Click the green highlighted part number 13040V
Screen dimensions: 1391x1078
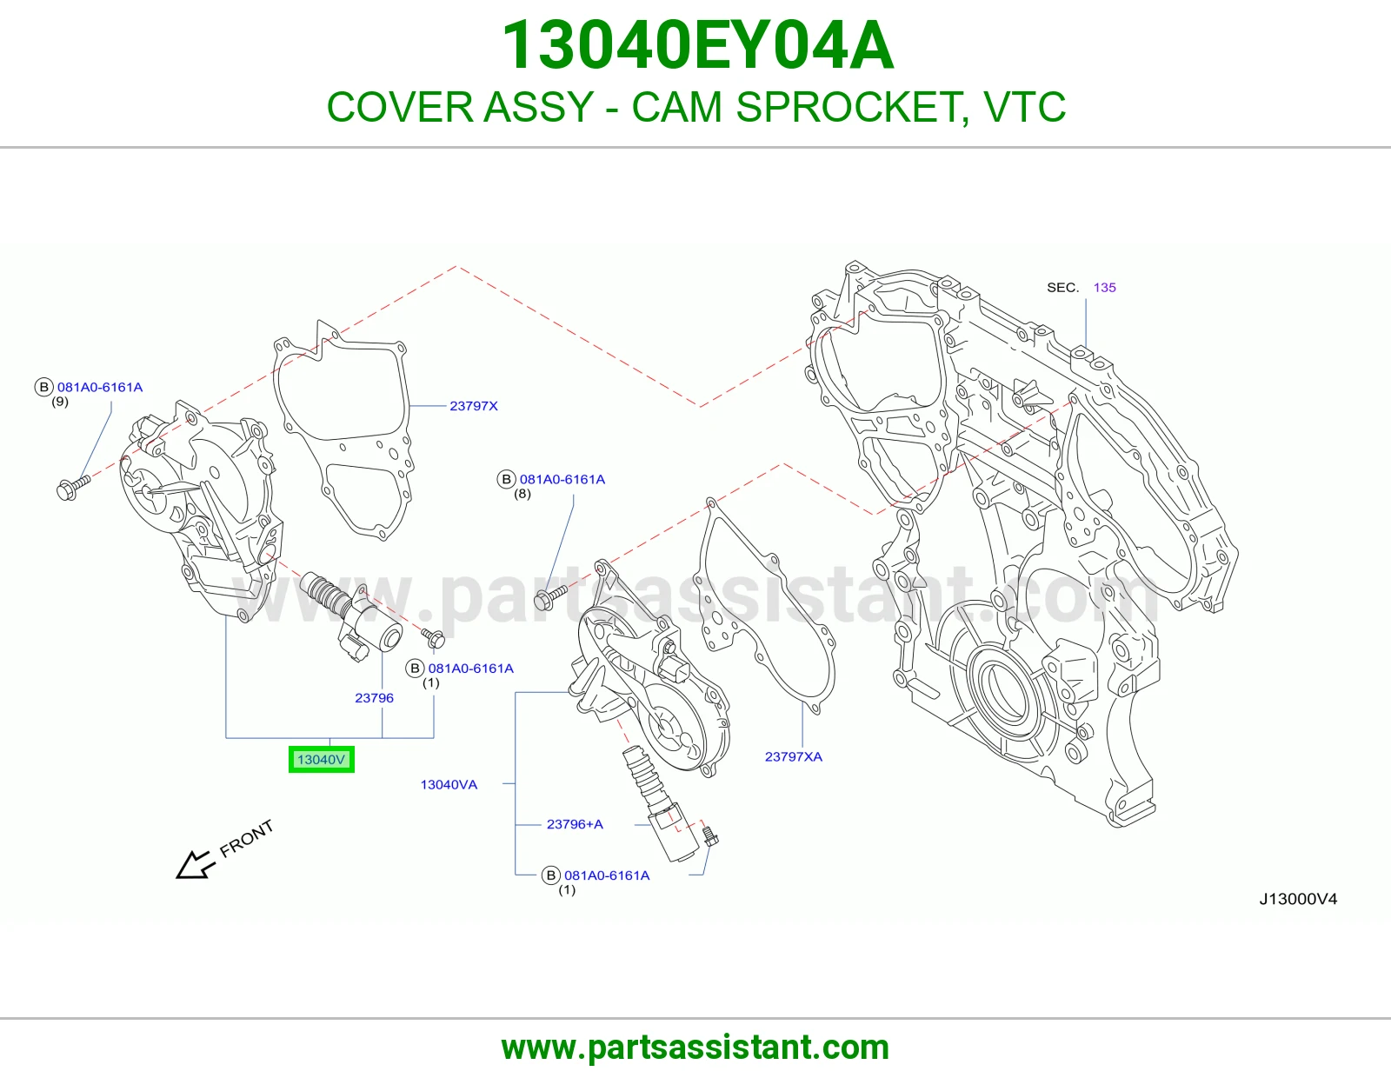[x=321, y=760]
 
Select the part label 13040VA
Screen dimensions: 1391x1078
[x=449, y=785]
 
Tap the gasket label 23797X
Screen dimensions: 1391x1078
[x=474, y=406]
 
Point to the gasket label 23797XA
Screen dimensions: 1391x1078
[x=793, y=756]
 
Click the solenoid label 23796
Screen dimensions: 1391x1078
[x=375, y=698]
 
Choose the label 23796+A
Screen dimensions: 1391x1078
[x=575, y=824]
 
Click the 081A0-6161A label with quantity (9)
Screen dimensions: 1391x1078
[x=100, y=387]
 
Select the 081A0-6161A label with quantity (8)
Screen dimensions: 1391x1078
[x=562, y=480]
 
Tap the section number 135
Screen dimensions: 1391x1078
[x=1104, y=288]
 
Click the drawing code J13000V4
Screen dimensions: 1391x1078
[x=1298, y=900]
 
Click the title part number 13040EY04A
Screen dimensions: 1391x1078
[x=697, y=45]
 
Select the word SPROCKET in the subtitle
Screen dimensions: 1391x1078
[x=846, y=107]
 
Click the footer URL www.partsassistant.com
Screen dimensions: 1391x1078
[x=695, y=1048]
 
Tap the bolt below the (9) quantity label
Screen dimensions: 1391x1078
[x=73, y=488]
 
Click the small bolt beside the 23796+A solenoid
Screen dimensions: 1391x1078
[x=710, y=835]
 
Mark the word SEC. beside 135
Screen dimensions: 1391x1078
[x=1062, y=288]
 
